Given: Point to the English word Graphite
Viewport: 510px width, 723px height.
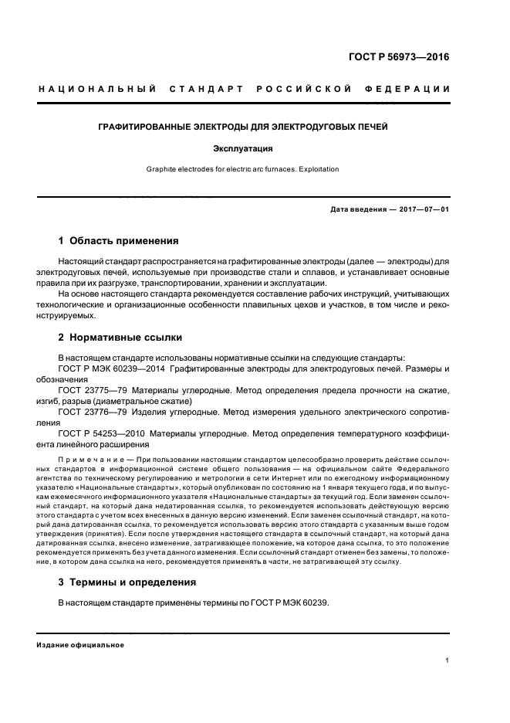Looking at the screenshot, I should pos(163,169).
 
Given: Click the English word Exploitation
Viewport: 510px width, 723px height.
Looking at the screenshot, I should pos(315,169).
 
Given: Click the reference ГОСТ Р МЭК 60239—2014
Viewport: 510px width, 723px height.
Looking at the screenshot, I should pos(113,369).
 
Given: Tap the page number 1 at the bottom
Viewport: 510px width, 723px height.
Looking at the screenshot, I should pos(448,660).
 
